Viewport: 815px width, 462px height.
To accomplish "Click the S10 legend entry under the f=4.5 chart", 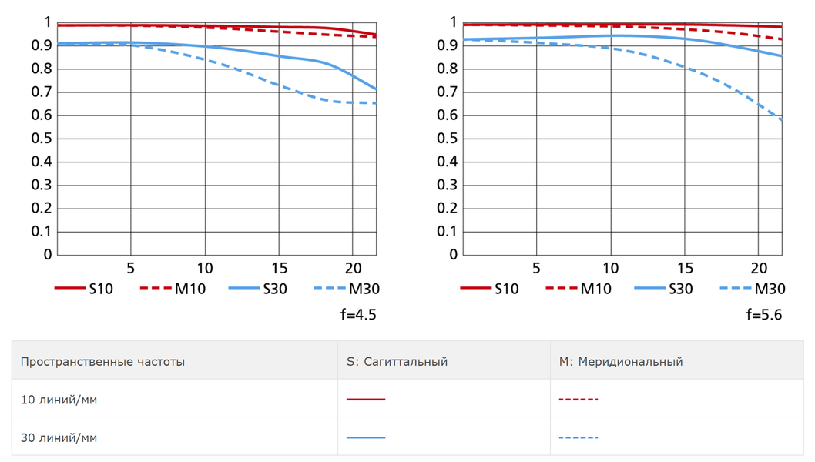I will tap(84, 289).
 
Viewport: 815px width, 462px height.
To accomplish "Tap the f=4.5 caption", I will tap(358, 314).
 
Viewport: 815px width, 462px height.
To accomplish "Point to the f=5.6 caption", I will tap(764, 314).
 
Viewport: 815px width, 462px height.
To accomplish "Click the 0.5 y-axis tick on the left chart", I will tap(42, 139).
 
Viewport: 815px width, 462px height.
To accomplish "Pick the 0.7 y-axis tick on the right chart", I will tap(448, 92).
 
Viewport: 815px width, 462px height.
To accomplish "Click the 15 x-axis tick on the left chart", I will tap(279, 268).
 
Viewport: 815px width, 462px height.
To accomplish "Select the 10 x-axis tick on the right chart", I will tap(610, 268).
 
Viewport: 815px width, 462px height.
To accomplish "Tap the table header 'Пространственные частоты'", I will tap(102, 361).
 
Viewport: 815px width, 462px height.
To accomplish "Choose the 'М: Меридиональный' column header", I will tap(621, 361).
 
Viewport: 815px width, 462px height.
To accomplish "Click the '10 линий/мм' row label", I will tap(59, 400).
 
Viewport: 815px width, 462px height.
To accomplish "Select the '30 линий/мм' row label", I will tap(59, 437).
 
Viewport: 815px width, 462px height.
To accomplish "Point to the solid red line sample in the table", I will tap(366, 400).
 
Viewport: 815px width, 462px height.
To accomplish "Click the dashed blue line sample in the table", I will tap(579, 437).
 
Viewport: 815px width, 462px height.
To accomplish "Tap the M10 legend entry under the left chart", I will tap(173, 289).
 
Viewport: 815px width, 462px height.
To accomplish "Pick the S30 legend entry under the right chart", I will tap(663, 289).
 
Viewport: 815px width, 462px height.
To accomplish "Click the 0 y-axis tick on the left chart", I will tap(48, 254).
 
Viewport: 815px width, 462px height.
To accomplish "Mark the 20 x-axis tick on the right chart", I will tap(759, 268).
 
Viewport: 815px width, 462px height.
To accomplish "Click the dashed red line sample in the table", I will tap(579, 400).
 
